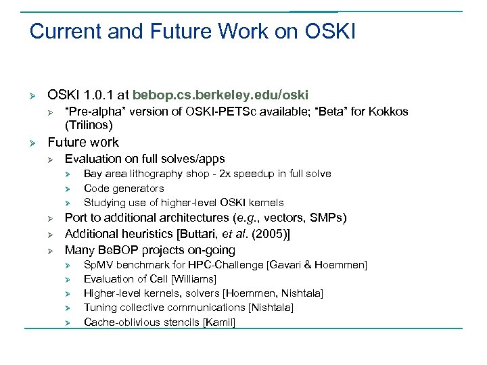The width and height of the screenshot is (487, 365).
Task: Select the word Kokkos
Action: pos(388,112)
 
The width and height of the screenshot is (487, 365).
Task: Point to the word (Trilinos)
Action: pos(89,125)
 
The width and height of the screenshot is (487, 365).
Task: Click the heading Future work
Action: pos(83,142)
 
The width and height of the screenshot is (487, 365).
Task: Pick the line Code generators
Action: pos(124,188)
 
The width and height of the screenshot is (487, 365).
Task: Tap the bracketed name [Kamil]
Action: pos(219,322)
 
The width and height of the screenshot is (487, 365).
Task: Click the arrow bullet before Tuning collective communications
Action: pos(68,308)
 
